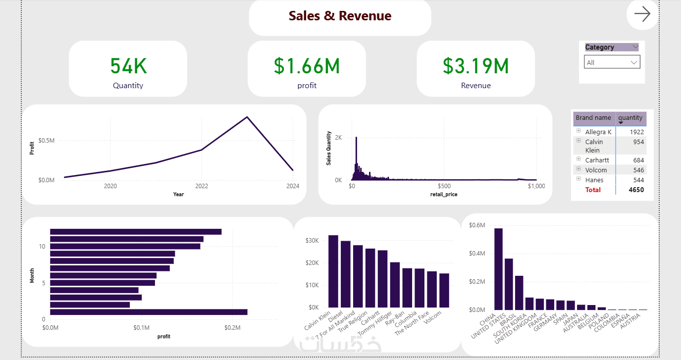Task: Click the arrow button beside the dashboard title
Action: coord(642,14)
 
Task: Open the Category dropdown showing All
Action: coord(612,62)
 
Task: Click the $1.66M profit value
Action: coord(307,66)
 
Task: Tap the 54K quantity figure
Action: coord(128,66)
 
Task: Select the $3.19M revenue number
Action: coord(476,66)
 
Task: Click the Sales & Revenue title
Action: coord(340,16)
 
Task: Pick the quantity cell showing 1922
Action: coord(636,132)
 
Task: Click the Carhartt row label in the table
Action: coord(597,160)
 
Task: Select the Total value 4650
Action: coord(636,190)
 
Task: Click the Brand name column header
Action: coord(593,118)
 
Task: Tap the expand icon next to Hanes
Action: coord(578,179)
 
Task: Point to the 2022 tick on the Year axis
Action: coord(202,186)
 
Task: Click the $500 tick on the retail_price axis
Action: coord(444,186)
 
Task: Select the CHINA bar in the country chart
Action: coord(498,269)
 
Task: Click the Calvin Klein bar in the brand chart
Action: coord(333,271)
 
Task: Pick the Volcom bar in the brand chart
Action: coord(444,290)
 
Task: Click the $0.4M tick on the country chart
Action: coord(477,253)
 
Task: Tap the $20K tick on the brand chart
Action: coord(312,263)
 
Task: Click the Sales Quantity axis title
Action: coord(328,148)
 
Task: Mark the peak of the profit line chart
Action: coord(247,117)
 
